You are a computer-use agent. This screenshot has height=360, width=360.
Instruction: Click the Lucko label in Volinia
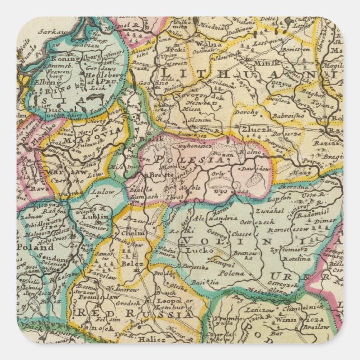click(200, 251)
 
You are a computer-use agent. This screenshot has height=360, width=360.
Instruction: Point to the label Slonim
click(199, 120)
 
